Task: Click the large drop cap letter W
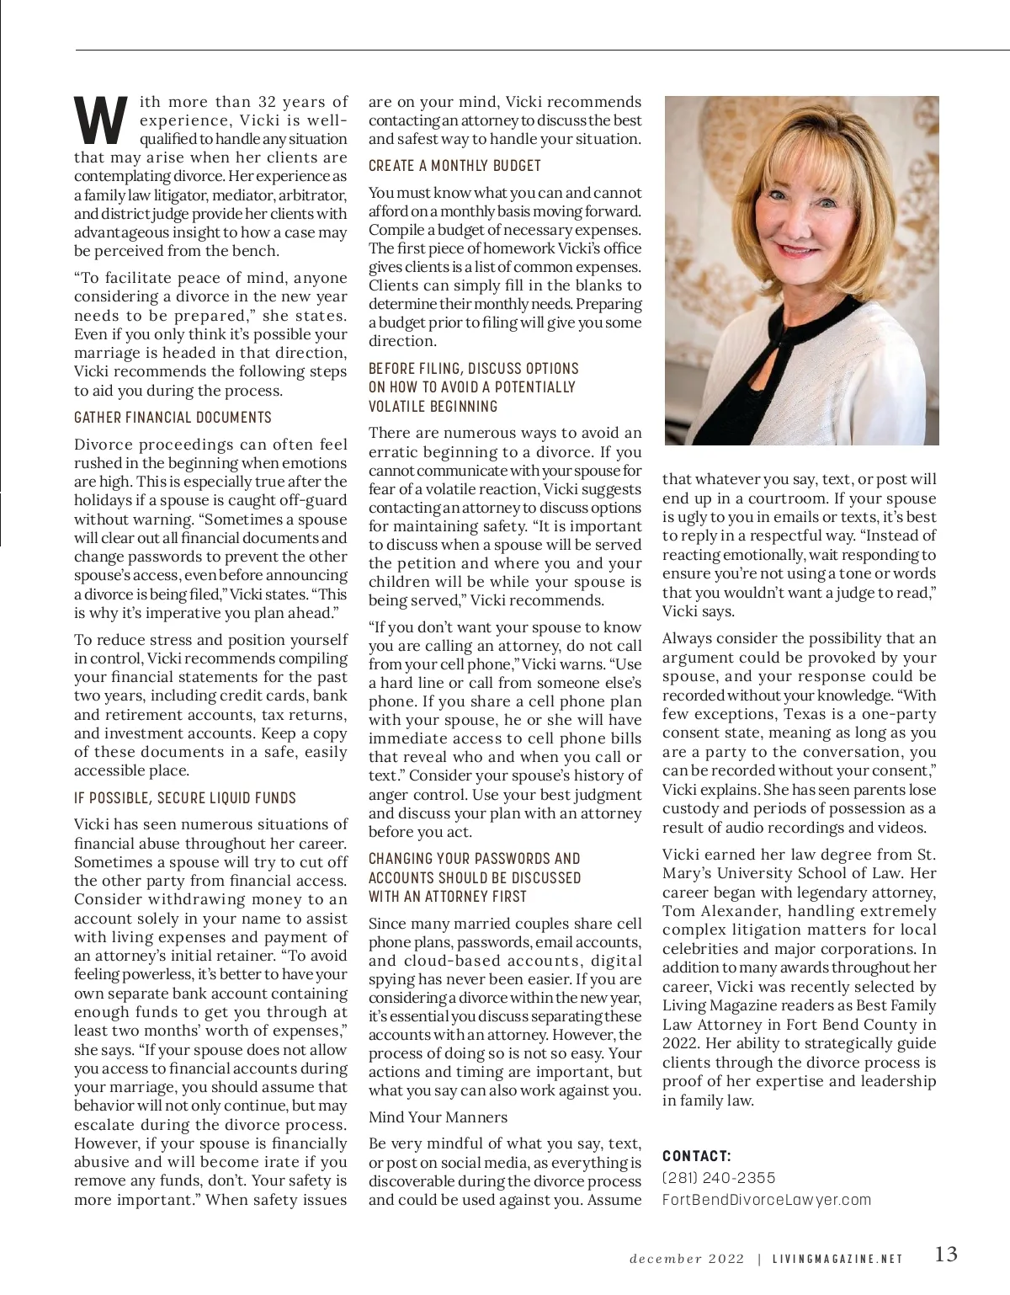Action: [x=100, y=120]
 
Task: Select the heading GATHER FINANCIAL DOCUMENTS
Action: [x=173, y=418]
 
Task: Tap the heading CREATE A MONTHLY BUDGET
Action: [x=454, y=166]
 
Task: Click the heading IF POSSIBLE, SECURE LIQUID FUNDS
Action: [x=185, y=797]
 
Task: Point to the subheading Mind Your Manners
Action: [x=438, y=1117]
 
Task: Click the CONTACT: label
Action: [x=697, y=1156]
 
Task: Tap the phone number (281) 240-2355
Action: [x=719, y=1178]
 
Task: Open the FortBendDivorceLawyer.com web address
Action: [x=766, y=1200]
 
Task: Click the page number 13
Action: [x=946, y=1255]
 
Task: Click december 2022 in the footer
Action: [x=687, y=1260]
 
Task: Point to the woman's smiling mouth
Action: [x=795, y=249]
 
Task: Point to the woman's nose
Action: [x=791, y=221]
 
